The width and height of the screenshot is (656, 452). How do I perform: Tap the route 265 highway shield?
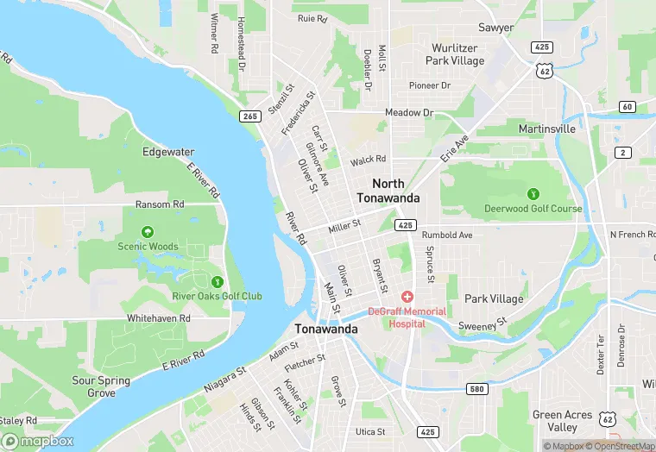point(249,116)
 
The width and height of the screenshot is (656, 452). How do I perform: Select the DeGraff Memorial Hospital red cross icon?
point(407,297)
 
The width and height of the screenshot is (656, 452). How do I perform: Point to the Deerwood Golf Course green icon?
point(533,193)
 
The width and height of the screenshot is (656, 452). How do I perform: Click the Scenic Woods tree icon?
point(148,232)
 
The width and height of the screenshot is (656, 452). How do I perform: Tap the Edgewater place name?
point(168,152)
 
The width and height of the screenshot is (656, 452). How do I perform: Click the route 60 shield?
point(627,106)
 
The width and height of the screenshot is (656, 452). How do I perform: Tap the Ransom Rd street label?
point(160,204)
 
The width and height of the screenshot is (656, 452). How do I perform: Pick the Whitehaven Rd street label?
point(158,317)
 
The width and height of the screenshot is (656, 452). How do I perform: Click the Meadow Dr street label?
point(409,113)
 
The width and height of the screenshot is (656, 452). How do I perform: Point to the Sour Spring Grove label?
point(101,386)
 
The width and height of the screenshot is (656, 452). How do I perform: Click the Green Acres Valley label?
point(562,421)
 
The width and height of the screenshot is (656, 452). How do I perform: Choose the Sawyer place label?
point(495,28)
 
